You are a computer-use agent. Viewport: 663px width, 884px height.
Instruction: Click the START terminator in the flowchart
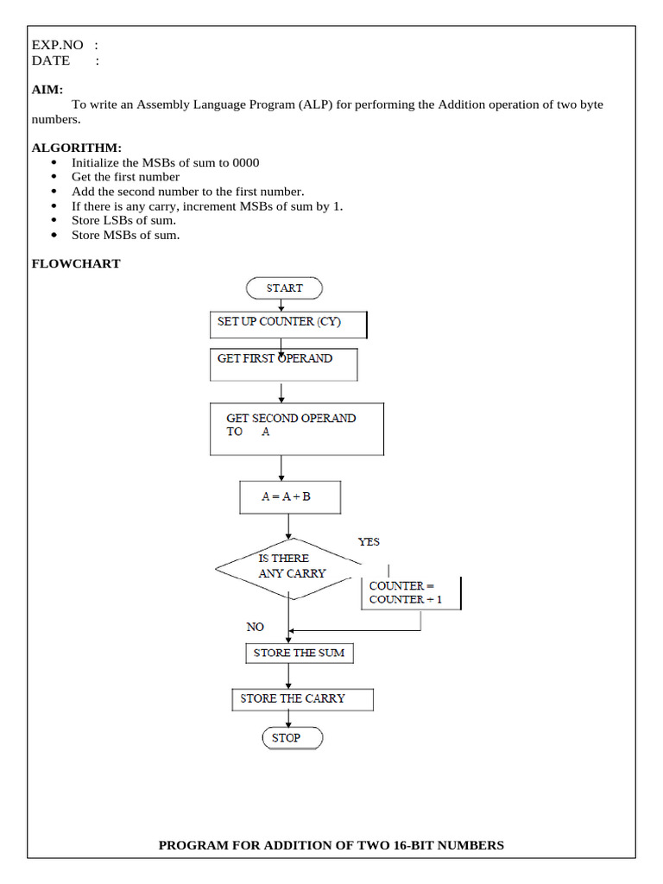click(x=284, y=288)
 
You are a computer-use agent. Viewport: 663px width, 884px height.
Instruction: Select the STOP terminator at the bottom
click(x=292, y=738)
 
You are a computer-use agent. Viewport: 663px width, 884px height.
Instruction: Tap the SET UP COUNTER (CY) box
click(x=288, y=323)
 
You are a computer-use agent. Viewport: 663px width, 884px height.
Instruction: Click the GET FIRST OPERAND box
click(x=283, y=363)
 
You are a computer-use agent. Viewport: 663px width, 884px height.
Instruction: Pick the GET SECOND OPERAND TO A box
click(x=297, y=429)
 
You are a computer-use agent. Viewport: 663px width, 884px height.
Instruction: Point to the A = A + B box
click(x=289, y=497)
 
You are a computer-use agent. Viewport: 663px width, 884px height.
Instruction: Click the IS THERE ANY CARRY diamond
click(x=289, y=566)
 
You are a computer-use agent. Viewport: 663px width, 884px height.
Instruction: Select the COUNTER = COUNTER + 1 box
click(x=411, y=593)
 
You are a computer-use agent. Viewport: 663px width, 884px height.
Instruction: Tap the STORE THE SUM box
click(x=299, y=654)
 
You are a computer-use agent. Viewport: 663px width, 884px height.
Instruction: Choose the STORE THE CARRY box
click(x=302, y=698)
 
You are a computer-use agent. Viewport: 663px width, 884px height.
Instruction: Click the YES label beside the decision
click(x=369, y=542)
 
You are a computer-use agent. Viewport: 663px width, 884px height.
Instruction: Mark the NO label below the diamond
click(x=255, y=627)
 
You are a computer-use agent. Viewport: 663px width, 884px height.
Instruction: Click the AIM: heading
click(x=47, y=89)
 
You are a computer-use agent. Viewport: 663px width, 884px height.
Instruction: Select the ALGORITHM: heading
click(x=76, y=148)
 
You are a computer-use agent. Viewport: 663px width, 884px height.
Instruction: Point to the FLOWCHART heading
click(x=76, y=264)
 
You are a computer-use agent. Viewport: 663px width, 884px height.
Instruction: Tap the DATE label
click(x=51, y=60)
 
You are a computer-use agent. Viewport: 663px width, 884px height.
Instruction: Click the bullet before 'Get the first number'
click(x=55, y=177)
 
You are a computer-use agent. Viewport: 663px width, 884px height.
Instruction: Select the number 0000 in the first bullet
click(x=244, y=162)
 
